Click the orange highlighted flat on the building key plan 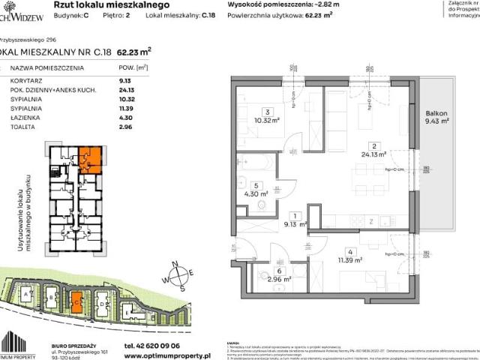tap(88, 159)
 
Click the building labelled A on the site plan tap(28, 295)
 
